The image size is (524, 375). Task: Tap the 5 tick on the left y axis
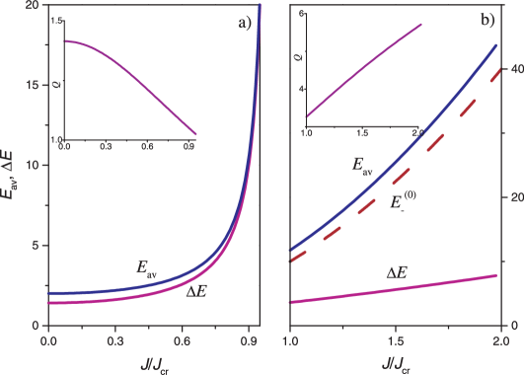(x=36, y=246)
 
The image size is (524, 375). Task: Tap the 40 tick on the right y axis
(x=511, y=69)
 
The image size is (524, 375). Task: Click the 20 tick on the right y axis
(x=511, y=197)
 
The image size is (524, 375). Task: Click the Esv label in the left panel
(x=147, y=266)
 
